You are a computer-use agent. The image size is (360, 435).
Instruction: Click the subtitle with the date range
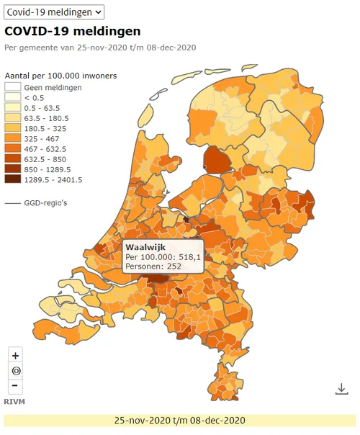[x=100, y=48]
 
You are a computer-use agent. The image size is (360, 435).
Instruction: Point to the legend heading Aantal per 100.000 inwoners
[x=60, y=76]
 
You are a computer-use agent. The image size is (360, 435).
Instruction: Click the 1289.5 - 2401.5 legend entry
[x=52, y=179]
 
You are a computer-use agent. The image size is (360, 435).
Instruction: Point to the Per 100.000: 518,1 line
[x=163, y=256]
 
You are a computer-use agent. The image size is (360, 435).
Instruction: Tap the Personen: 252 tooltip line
[x=153, y=266]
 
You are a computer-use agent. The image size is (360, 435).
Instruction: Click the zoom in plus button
[x=16, y=355]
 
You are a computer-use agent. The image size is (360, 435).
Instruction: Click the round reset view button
[x=16, y=370]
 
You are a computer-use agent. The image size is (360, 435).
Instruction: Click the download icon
[x=341, y=389]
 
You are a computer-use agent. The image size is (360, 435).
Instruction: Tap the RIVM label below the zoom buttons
[x=14, y=400]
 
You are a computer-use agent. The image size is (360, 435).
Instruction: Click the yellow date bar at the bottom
[x=180, y=421]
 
